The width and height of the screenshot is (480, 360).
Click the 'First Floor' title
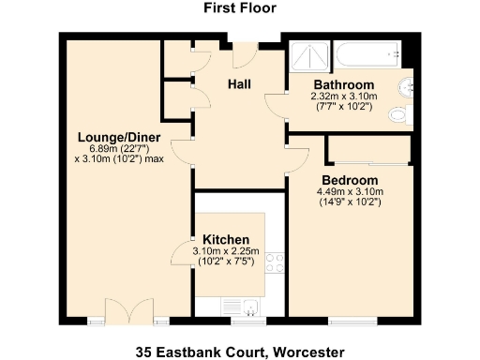(x=239, y=8)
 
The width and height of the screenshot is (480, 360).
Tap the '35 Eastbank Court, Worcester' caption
(x=239, y=352)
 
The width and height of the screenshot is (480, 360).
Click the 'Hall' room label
(x=239, y=84)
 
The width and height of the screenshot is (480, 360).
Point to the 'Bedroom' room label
(x=349, y=180)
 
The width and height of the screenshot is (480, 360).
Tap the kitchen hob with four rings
(x=276, y=263)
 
